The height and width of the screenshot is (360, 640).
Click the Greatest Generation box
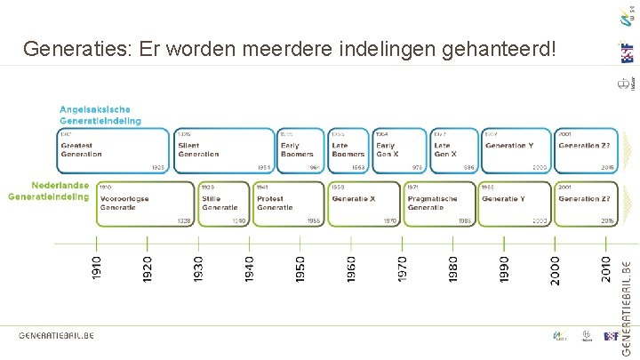tap(112, 150)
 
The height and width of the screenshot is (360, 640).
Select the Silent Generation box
tap(223, 150)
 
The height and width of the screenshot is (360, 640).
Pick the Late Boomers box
tap(349, 150)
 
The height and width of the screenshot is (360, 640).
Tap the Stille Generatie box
tap(223, 203)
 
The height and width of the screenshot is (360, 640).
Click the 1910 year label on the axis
tap(97, 269)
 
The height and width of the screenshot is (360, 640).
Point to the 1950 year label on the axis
tap(300, 269)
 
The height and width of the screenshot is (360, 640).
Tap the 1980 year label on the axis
tap(453, 269)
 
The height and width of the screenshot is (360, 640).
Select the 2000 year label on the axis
tap(556, 269)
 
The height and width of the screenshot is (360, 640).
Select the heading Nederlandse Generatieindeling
tap(50, 191)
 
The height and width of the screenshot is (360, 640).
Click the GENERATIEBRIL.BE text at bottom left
tap(56, 335)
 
